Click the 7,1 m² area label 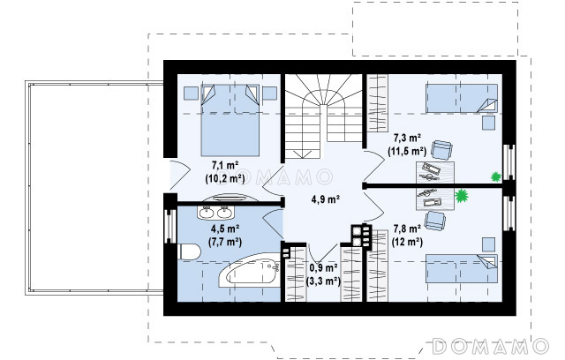pos(225,166)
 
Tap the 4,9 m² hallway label pos(326,199)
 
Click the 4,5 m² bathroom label pos(225,229)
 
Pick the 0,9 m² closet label pos(323,268)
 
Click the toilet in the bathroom pos(189,251)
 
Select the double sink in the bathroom pos(215,212)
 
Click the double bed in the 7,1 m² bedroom pos(230,120)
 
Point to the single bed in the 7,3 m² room pos(462,98)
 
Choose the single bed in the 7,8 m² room pos(462,268)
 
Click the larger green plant pos(461,196)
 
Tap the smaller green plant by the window pos(496,176)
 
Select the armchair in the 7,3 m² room pos(441,149)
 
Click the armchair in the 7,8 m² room pos(435,221)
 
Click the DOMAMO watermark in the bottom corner pos(491,347)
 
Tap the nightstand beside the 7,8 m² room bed pos(488,244)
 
